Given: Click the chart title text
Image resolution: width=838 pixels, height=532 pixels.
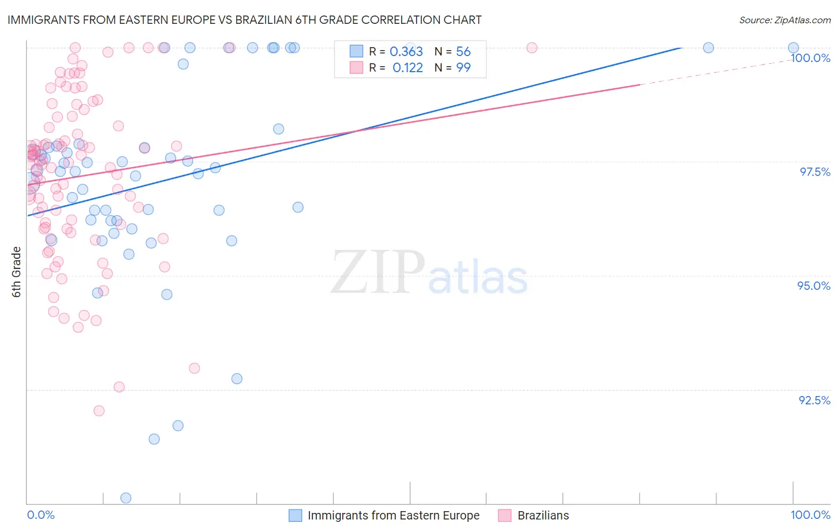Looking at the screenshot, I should point(244,20).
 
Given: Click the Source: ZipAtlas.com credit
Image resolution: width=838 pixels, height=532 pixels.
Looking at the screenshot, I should point(784,20).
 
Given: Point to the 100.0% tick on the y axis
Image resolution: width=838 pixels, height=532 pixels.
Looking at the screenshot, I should point(810,58).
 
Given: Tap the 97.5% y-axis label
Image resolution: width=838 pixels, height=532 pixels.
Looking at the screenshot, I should point(814,172).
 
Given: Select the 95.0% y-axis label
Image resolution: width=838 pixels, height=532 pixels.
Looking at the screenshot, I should point(814,286).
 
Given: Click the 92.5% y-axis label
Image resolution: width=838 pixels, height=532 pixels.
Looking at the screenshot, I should point(814,400).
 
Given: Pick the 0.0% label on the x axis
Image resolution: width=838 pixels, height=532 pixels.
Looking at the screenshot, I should point(41,515).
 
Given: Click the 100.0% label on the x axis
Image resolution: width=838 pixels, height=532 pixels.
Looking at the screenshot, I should point(810,515).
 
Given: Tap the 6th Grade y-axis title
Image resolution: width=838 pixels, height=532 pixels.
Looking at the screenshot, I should point(17,272).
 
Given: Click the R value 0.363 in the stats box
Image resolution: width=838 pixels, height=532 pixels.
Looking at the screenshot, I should point(406,52).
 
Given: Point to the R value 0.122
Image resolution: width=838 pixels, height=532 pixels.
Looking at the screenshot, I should point(408,68).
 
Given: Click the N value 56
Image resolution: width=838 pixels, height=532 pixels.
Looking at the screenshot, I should point(463,52).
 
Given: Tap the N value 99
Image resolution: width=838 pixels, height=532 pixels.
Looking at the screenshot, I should point(463,68).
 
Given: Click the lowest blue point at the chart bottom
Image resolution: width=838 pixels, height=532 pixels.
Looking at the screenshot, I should point(126,498).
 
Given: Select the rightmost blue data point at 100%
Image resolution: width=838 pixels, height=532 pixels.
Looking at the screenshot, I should point(793,48).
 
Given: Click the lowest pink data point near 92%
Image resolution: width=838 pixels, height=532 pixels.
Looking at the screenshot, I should point(99,411).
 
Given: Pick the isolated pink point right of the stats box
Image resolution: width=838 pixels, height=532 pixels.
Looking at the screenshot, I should point(532,48).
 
